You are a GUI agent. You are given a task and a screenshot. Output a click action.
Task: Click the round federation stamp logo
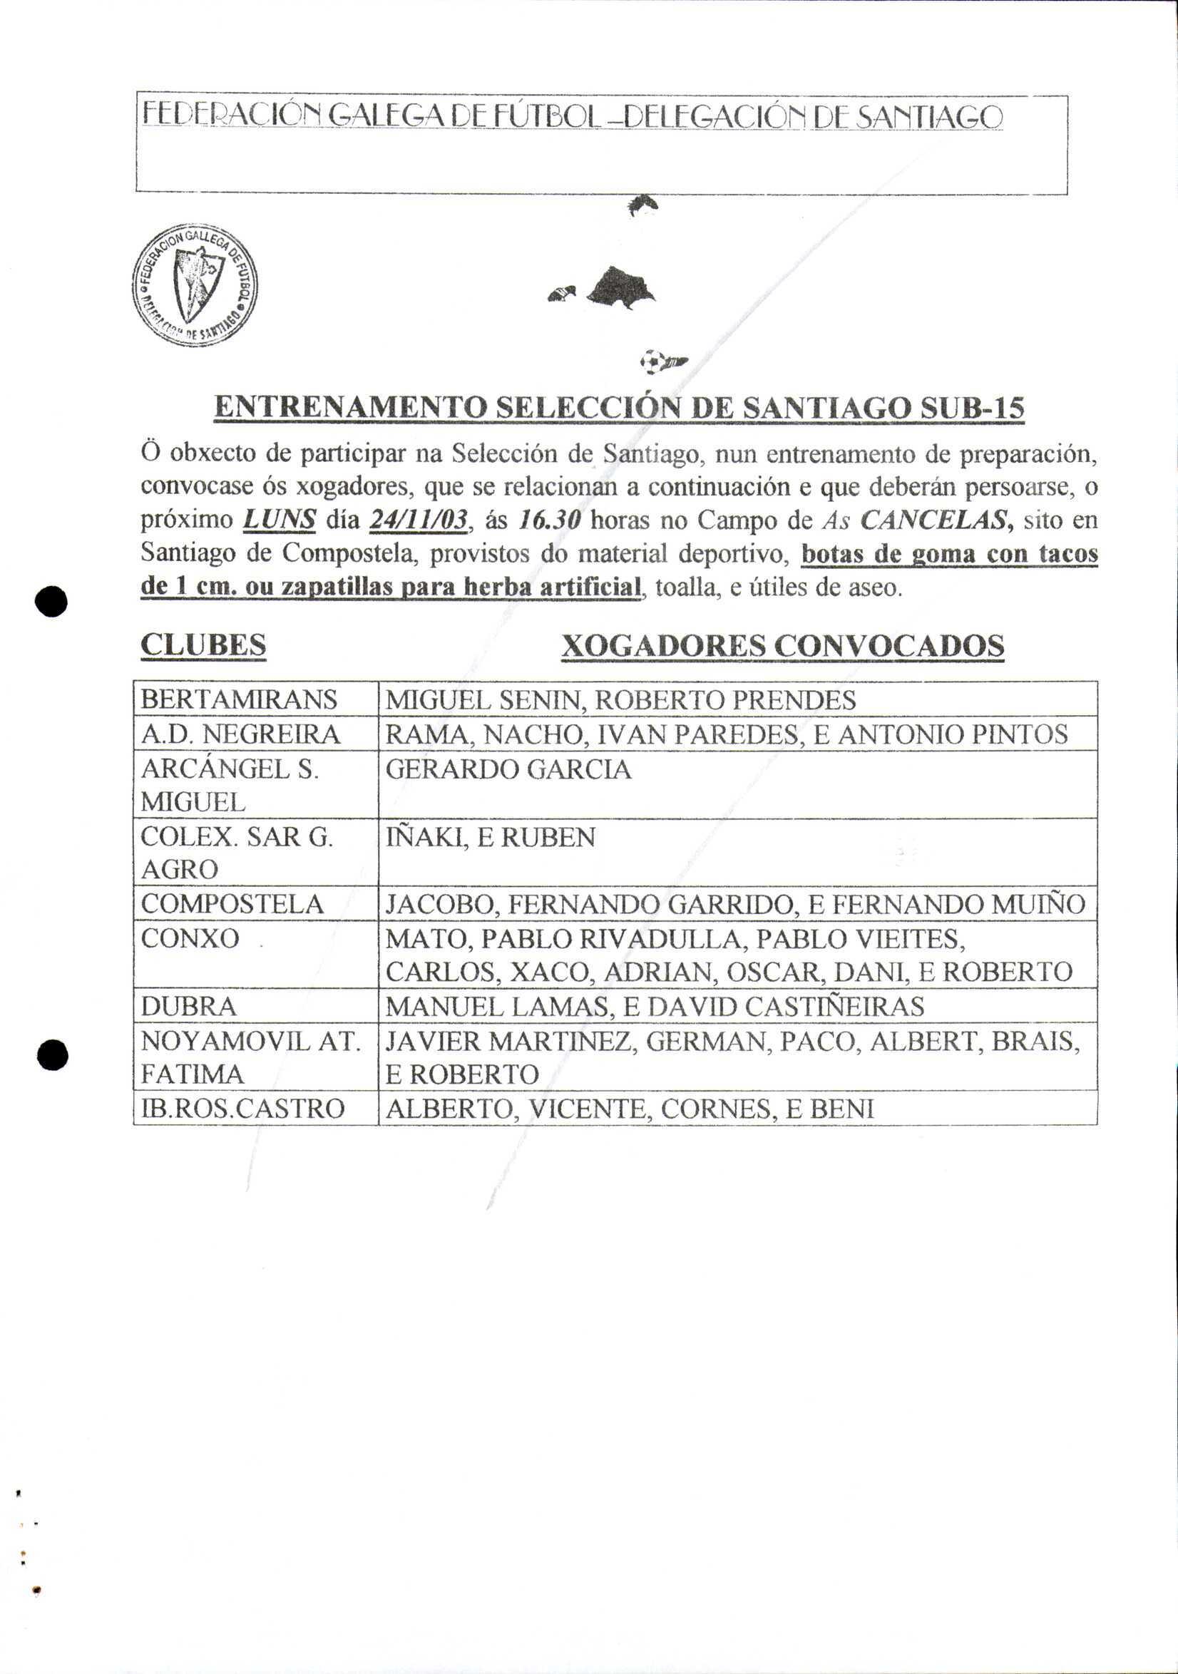point(195,285)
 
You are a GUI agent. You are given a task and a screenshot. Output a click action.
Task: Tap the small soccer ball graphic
point(653,360)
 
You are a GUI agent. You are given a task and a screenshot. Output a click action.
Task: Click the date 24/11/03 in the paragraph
point(418,520)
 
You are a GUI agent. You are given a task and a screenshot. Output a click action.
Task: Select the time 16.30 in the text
point(549,520)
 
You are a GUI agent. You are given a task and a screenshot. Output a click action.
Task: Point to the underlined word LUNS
point(280,520)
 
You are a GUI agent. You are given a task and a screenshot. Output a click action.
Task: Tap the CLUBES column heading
point(203,645)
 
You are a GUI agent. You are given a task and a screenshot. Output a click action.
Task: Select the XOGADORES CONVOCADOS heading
point(783,646)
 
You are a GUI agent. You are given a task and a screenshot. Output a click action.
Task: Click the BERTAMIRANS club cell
point(240,699)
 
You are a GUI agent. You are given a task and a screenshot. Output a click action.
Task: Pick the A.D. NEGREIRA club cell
point(241,734)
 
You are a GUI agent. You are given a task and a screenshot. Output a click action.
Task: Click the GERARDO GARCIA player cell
point(508,769)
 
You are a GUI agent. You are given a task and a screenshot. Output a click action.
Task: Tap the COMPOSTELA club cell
point(232,904)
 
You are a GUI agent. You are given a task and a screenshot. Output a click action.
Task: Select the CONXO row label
point(190,938)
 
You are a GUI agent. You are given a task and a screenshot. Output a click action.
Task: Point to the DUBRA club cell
point(189,1007)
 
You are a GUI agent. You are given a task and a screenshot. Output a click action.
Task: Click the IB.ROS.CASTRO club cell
point(243,1109)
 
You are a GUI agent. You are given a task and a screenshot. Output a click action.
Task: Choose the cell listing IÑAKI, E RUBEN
point(490,837)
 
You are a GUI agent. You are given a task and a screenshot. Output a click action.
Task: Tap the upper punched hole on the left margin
point(52,602)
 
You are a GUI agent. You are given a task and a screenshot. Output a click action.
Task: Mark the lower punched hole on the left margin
point(52,1054)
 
